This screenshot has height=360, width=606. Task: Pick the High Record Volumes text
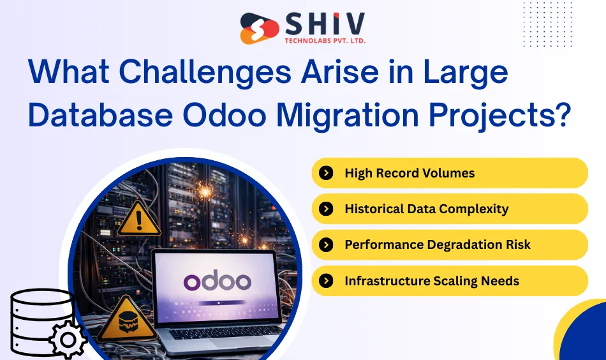(410, 173)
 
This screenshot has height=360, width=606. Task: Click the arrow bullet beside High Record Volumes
(326, 173)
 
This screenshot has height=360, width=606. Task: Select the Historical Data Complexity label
(426, 209)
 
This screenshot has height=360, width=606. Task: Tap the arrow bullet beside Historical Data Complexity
(326, 209)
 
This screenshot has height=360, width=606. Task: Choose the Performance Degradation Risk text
(437, 244)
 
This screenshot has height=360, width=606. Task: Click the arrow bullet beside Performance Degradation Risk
(326, 244)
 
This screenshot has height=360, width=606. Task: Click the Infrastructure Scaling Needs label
(431, 281)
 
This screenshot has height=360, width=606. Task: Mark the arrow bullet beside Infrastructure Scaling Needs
(326, 281)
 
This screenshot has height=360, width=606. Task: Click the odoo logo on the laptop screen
(218, 281)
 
